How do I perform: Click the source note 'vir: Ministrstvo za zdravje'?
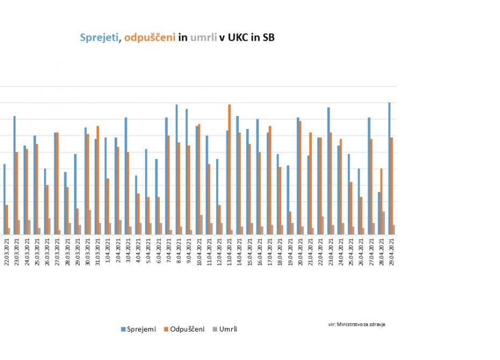click(x=356, y=324)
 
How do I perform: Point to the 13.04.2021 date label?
click(x=230, y=253)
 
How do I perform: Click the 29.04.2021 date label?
click(x=392, y=253)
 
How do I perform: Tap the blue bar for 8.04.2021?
click(x=176, y=169)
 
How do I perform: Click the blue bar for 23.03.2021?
click(x=15, y=175)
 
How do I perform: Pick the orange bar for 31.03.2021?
click(x=98, y=180)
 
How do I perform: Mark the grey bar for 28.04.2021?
click(x=383, y=222)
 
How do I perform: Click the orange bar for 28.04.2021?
click(x=381, y=201)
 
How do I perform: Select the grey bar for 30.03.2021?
click(x=89, y=222)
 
